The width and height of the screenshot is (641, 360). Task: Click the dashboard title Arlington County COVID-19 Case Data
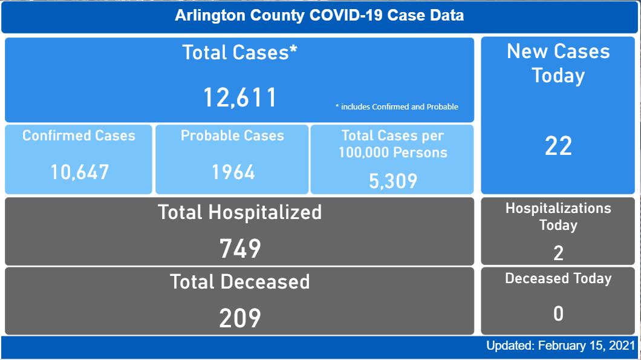(x=319, y=16)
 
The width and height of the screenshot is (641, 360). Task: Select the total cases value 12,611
(x=239, y=97)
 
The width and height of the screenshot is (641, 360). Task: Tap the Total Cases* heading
(x=239, y=53)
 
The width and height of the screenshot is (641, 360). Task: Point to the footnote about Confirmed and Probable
(x=397, y=107)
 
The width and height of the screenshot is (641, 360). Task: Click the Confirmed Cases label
(x=79, y=135)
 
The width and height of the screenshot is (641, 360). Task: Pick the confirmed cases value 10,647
(x=79, y=172)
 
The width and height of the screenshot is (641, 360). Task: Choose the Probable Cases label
(x=232, y=135)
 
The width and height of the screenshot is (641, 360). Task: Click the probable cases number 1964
(x=233, y=172)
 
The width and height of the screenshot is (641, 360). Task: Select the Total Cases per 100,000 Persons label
(x=392, y=144)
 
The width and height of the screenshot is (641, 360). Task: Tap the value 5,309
(x=392, y=180)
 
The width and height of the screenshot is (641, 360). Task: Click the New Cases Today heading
(x=558, y=64)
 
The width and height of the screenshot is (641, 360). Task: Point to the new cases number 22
(x=558, y=146)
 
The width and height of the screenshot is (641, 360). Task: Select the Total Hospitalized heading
(x=239, y=212)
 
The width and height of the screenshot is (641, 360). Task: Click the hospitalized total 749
(x=239, y=248)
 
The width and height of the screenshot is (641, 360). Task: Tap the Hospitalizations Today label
(x=558, y=217)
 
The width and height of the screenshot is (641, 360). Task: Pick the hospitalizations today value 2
(x=558, y=253)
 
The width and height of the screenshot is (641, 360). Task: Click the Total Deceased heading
(x=239, y=282)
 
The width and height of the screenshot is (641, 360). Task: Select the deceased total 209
(x=239, y=318)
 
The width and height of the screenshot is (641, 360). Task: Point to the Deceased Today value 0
(x=558, y=313)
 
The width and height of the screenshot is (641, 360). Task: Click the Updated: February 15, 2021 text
(x=561, y=346)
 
